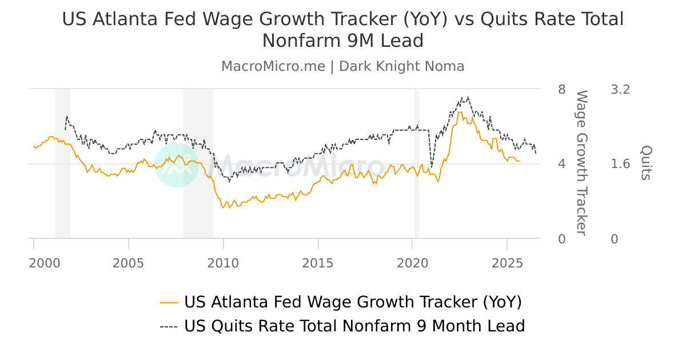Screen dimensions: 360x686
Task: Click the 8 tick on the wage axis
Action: pyautogui.click(x=561, y=90)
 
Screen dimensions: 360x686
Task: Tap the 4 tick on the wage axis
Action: pyautogui.click(x=561, y=164)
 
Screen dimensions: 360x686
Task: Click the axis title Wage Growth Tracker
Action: pyautogui.click(x=581, y=162)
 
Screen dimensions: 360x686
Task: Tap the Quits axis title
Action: pyautogui.click(x=645, y=162)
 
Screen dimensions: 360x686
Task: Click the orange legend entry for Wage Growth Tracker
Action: pyautogui.click(x=341, y=302)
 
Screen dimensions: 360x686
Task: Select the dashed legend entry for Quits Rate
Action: pyautogui.click(x=342, y=326)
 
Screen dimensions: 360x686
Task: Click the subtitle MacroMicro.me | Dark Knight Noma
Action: pyautogui.click(x=342, y=66)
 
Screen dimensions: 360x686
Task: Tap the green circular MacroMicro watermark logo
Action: pyautogui.click(x=177, y=165)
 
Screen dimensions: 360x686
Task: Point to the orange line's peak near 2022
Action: pyautogui.click(x=460, y=112)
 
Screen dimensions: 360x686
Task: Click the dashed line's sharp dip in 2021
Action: pyautogui.click(x=431, y=166)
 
